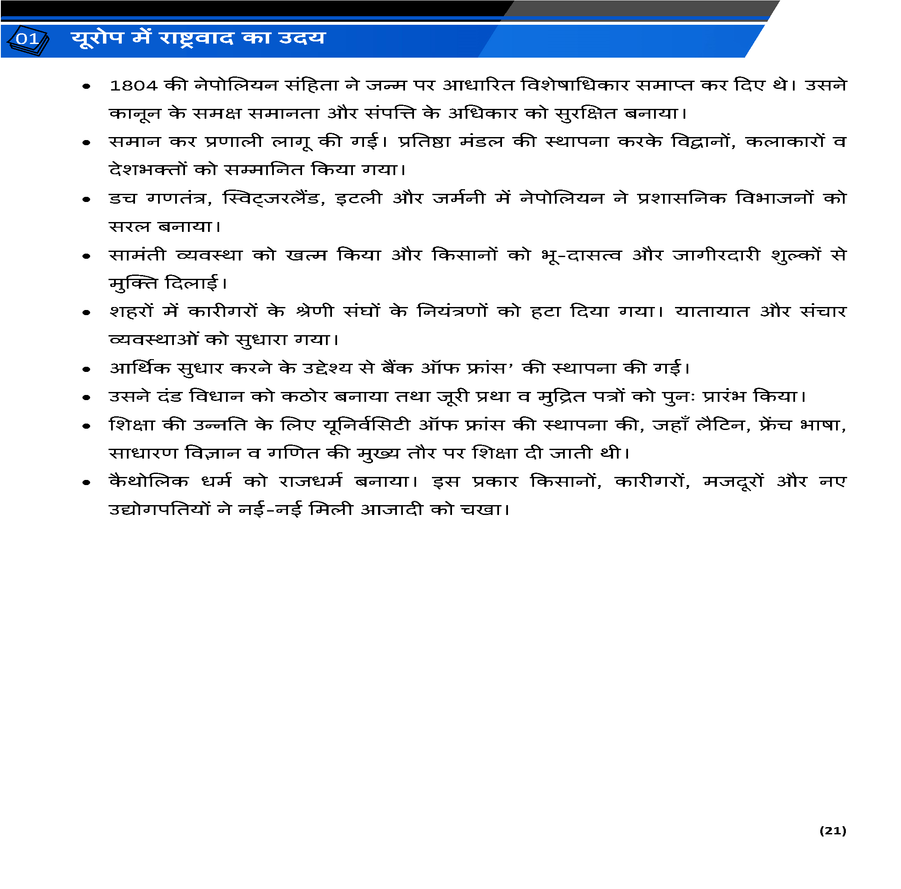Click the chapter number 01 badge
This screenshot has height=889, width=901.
28,39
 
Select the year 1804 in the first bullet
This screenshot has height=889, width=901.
133,86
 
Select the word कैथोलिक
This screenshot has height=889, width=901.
149,481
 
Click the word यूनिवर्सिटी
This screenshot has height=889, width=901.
367,425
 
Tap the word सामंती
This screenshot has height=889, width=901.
137,255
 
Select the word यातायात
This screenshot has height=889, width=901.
712,311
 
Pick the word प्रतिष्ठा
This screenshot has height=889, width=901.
424,142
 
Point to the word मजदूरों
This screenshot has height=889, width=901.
733,481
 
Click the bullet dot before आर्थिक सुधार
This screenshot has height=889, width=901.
86,369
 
